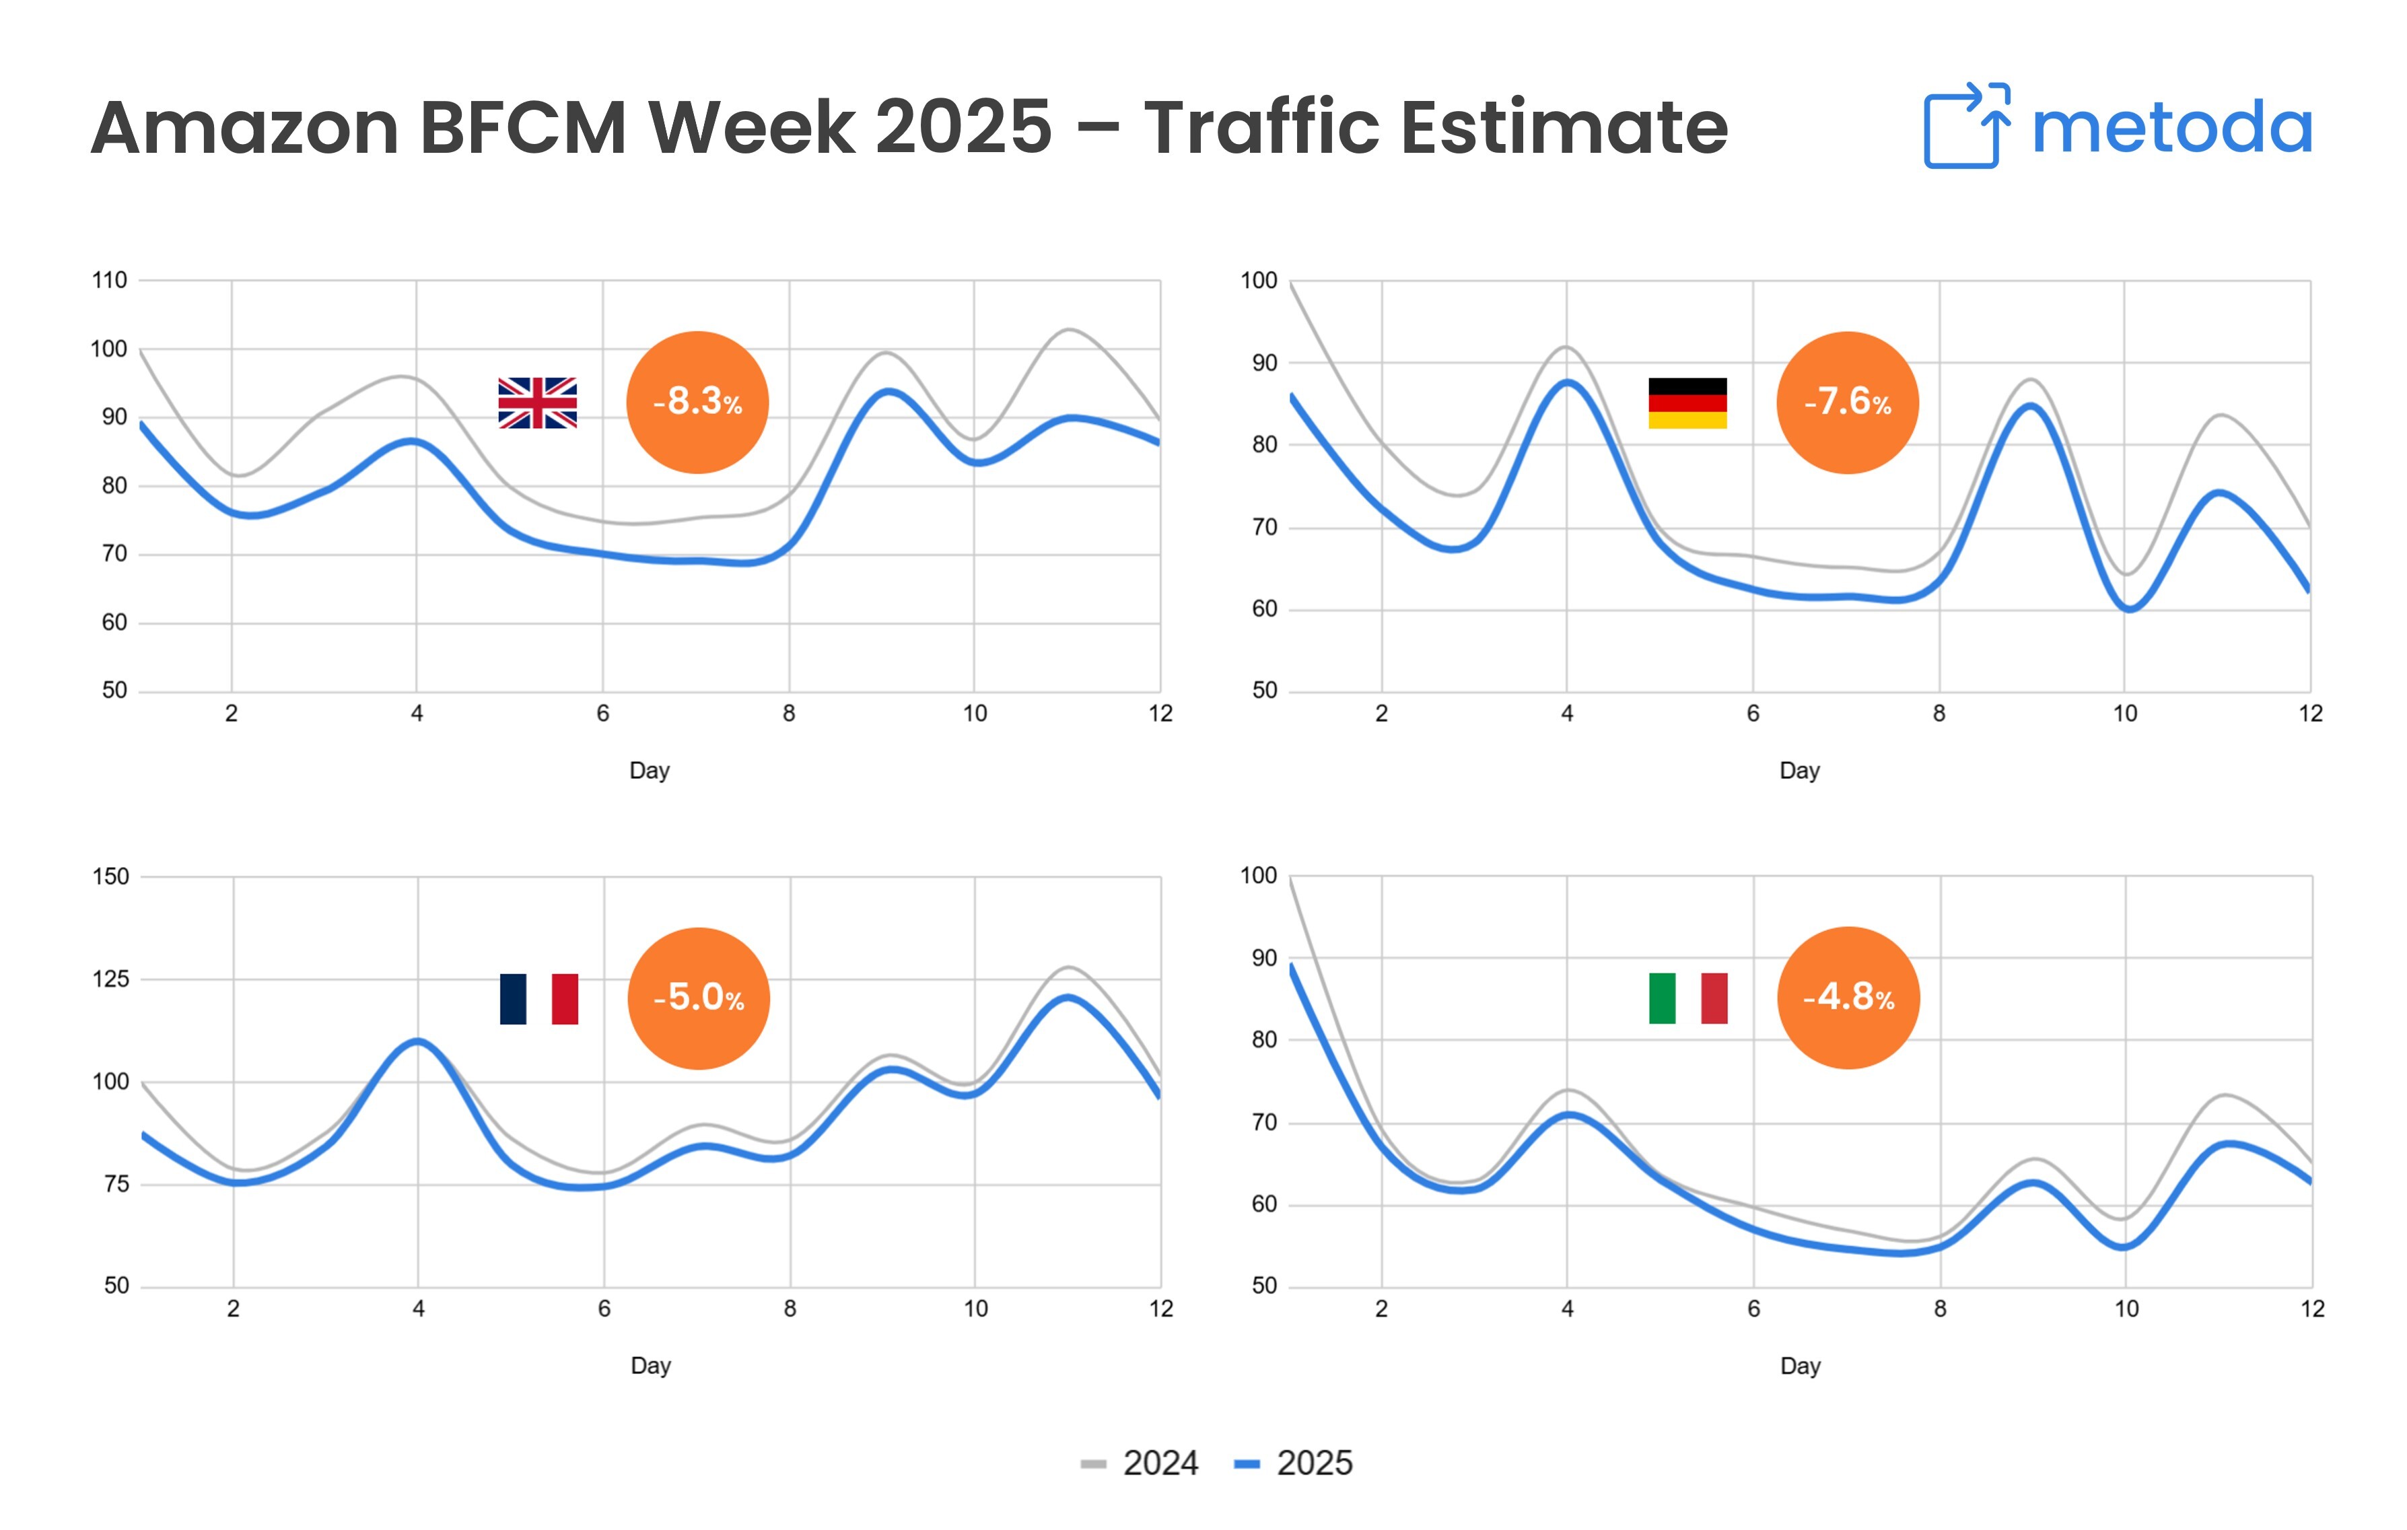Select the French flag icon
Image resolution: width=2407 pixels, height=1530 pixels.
(538, 998)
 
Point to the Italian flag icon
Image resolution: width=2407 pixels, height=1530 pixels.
(1687, 998)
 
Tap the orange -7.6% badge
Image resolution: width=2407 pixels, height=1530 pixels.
(1846, 402)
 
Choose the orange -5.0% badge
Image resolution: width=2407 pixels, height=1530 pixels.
(698, 998)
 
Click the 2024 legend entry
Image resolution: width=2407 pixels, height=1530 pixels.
(1140, 1463)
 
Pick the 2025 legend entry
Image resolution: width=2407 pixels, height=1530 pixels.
(1294, 1463)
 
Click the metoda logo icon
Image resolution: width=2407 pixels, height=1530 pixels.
(1965, 126)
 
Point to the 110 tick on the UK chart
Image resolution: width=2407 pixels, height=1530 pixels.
(109, 280)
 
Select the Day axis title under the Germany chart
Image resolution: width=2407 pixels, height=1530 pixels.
(1799, 771)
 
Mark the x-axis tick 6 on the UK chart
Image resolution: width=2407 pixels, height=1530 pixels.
(602, 714)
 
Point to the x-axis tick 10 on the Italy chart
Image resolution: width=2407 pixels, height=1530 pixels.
(2126, 1309)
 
